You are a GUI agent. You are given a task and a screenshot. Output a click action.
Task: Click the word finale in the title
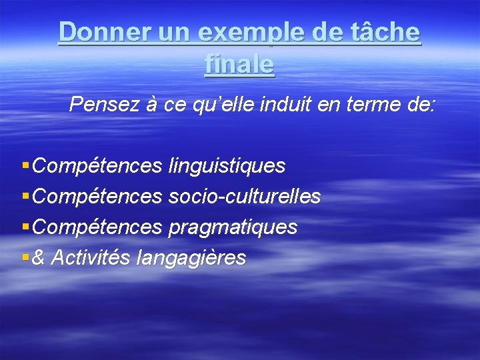tap(240, 64)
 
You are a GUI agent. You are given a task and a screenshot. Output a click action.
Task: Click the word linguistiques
tap(227, 165)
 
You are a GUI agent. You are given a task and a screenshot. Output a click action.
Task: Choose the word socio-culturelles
tap(245, 197)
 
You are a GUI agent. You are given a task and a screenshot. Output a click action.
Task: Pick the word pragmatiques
tap(233, 227)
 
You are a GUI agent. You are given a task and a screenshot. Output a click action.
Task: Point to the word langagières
tap(191, 258)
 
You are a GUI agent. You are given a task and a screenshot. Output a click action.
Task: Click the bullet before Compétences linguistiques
tap(25, 165)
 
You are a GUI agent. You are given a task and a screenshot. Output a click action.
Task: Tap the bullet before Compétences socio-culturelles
tap(25, 196)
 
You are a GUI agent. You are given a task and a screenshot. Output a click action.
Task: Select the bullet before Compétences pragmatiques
tap(25, 227)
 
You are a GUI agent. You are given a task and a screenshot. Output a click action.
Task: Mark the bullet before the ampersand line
tap(25, 257)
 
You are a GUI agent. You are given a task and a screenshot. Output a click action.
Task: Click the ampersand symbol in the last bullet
tap(39, 257)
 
